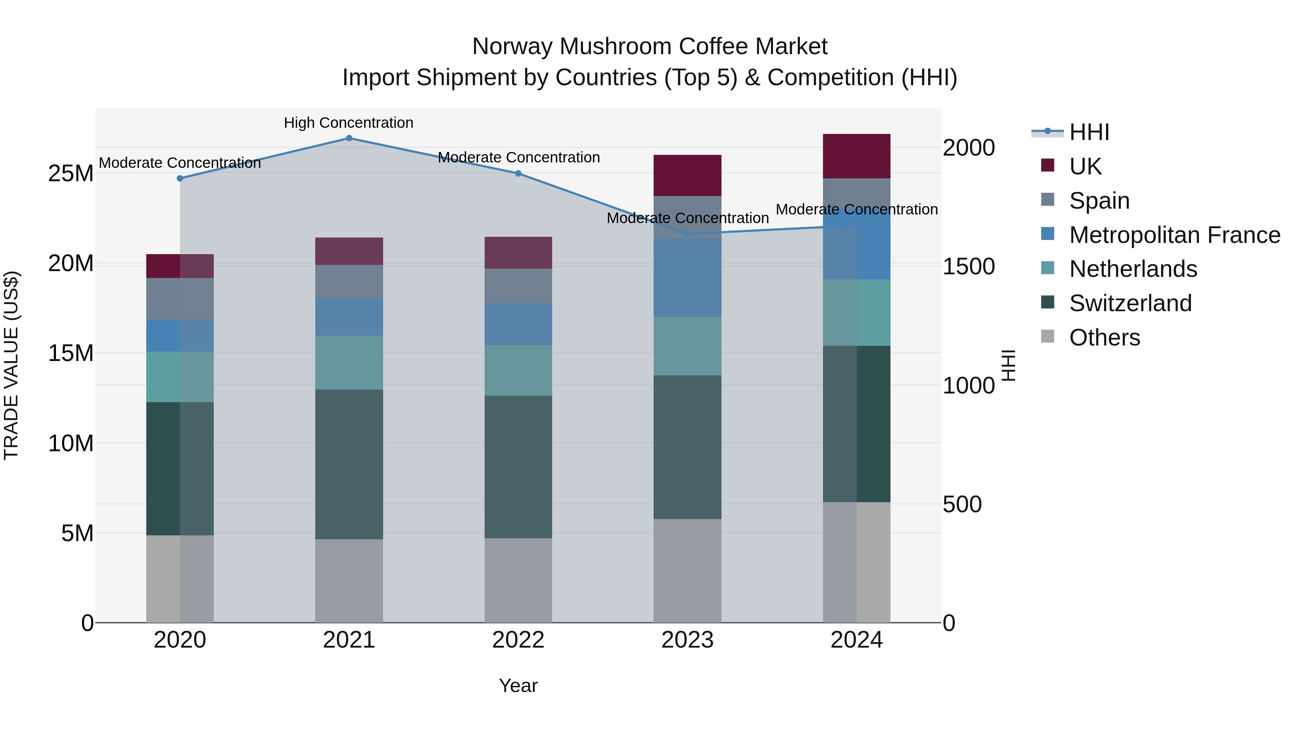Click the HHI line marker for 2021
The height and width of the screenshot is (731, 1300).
[x=349, y=138]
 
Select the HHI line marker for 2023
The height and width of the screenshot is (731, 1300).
[x=687, y=234]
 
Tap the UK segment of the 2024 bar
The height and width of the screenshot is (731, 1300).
[x=857, y=156]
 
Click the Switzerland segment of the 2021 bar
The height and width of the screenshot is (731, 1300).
[x=349, y=464]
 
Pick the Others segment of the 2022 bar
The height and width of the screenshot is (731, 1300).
[x=518, y=580]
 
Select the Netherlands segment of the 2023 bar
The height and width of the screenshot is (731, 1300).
[x=687, y=346]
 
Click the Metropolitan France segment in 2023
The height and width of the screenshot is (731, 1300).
[x=687, y=278]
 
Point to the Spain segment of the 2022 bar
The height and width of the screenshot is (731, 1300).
[x=518, y=286]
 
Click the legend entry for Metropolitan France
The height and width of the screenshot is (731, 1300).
[x=1174, y=235]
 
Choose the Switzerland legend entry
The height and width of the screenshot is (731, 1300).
[x=1130, y=303]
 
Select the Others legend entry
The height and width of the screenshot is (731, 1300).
[x=1104, y=338]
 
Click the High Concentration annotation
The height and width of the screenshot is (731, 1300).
[x=349, y=123]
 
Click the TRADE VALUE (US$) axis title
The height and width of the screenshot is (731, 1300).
[x=11, y=365]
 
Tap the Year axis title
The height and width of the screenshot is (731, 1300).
[x=518, y=686]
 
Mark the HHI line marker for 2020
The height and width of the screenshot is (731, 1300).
[x=180, y=178]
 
